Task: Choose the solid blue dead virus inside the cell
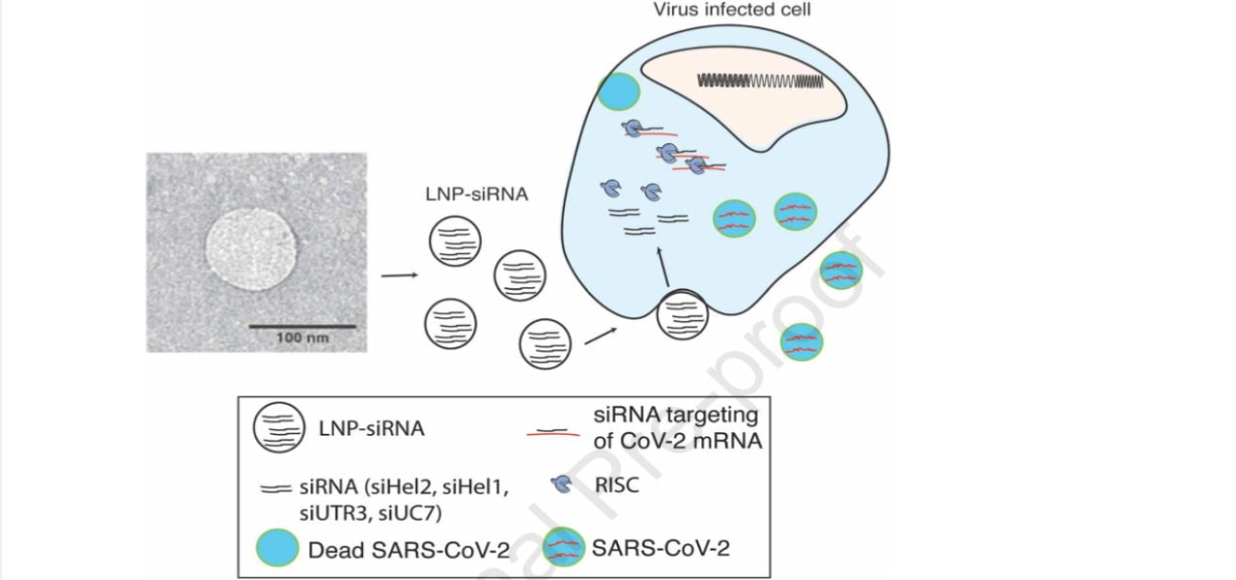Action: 618,92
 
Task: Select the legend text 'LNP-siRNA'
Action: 372,428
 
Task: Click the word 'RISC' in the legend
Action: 619,485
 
